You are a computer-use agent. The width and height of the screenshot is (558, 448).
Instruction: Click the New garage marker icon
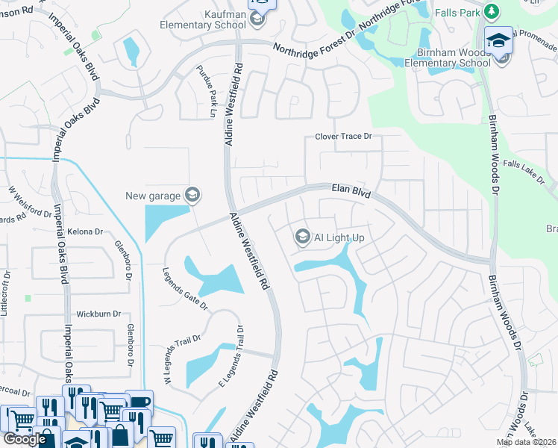(193, 196)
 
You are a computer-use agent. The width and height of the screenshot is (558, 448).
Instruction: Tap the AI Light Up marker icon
(302, 237)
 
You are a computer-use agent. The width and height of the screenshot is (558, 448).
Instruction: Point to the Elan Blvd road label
(351, 192)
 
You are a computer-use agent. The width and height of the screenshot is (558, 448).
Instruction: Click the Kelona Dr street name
(84, 232)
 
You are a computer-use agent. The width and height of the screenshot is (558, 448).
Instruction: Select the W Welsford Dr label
(29, 205)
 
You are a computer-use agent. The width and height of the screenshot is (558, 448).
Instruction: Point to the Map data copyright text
(526, 442)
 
